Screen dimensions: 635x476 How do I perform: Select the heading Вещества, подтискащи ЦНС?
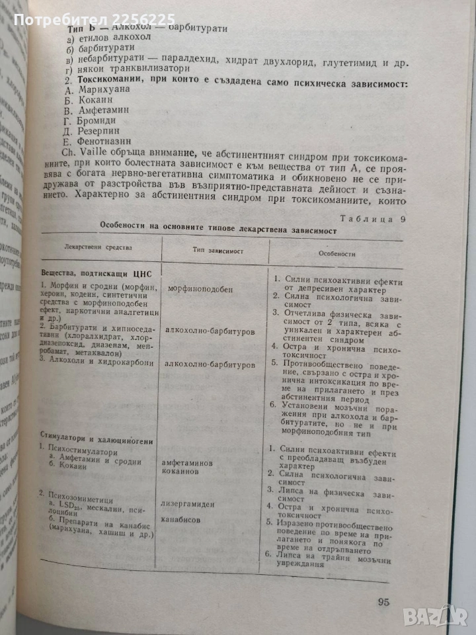point(93,273)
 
